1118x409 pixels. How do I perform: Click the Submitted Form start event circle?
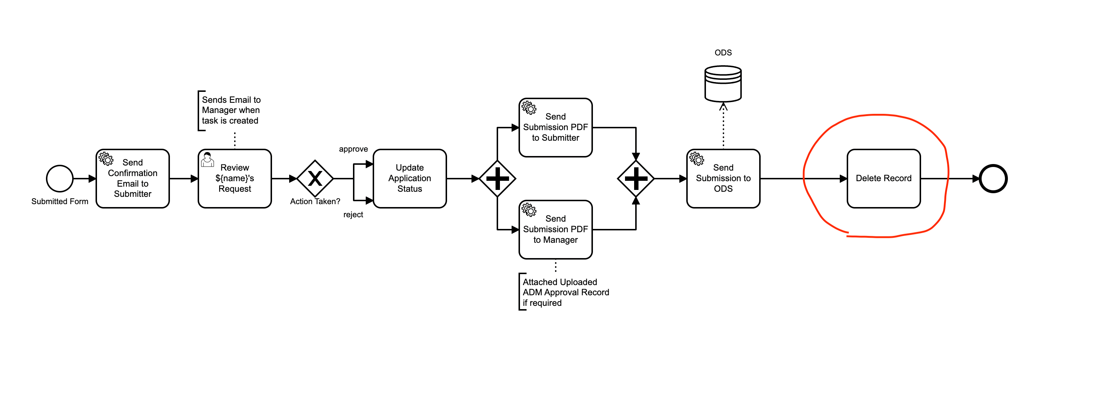(59, 178)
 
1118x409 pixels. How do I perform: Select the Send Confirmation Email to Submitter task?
(132, 178)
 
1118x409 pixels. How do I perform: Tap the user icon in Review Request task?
(207, 160)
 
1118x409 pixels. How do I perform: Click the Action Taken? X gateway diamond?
(315, 178)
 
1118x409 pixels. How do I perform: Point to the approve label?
(353, 149)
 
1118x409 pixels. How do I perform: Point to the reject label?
(353, 214)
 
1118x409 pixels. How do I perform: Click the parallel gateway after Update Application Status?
(497, 178)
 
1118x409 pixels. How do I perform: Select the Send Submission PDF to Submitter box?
(555, 127)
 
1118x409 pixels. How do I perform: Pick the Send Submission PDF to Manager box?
(555, 229)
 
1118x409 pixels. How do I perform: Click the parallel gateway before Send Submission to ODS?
(636, 178)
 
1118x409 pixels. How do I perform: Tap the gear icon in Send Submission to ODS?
(696, 158)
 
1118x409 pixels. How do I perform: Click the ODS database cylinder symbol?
(723, 84)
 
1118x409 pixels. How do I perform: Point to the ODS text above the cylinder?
(723, 52)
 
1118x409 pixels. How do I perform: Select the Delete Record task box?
(883, 178)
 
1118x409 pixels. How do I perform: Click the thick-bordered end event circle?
(993, 178)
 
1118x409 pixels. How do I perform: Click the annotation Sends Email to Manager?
(230, 110)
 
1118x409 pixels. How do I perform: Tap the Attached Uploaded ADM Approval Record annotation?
(566, 292)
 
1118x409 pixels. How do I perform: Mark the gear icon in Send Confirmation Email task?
(106, 158)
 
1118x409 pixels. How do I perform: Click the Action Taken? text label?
(315, 201)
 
